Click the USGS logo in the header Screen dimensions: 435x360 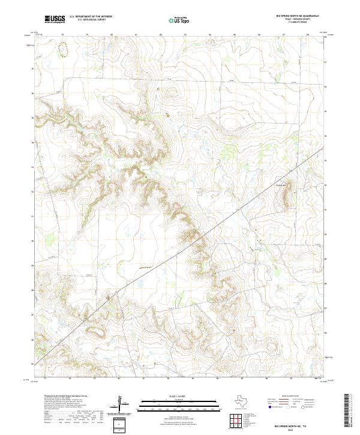point(55,19)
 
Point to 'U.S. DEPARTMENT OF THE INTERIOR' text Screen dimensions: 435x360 point(91,17)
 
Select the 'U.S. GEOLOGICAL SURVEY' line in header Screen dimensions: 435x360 point(91,20)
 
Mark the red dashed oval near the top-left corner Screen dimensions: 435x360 point(64,50)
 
